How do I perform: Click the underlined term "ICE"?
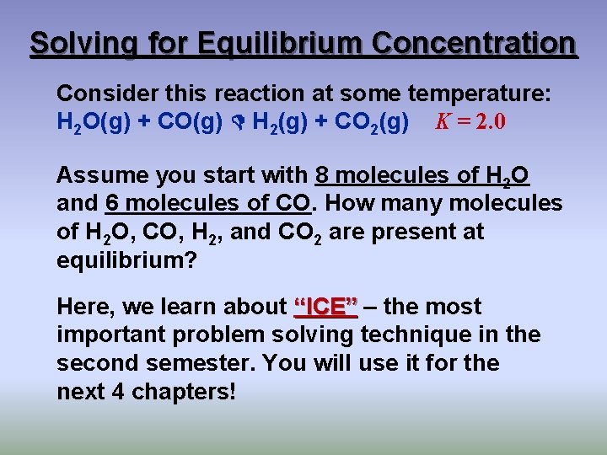[325, 307]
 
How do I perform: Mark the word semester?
[199, 363]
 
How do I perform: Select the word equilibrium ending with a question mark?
[126, 260]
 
